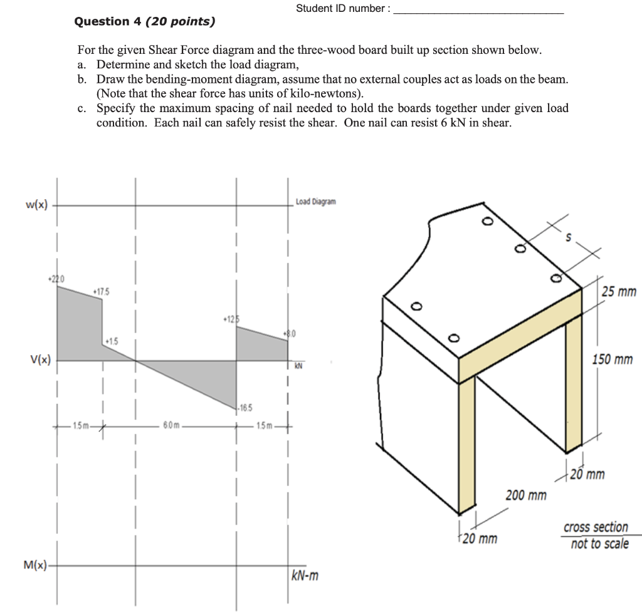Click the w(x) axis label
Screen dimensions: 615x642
click(x=38, y=205)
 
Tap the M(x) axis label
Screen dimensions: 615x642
click(x=36, y=566)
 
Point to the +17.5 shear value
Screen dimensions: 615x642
click(x=101, y=292)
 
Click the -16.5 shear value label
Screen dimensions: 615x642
click(x=246, y=408)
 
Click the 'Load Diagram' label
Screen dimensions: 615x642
click(x=315, y=202)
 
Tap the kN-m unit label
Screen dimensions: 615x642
click(x=305, y=575)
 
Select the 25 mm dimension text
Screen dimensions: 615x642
click(x=618, y=292)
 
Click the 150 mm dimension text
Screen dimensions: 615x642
click(x=614, y=359)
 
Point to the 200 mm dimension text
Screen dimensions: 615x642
click(x=526, y=496)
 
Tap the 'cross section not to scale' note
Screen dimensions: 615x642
click(x=596, y=535)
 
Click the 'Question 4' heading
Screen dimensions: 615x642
click(x=102, y=21)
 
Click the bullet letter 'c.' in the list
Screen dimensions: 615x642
click(x=82, y=108)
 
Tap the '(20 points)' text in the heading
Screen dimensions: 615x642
click(x=180, y=21)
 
